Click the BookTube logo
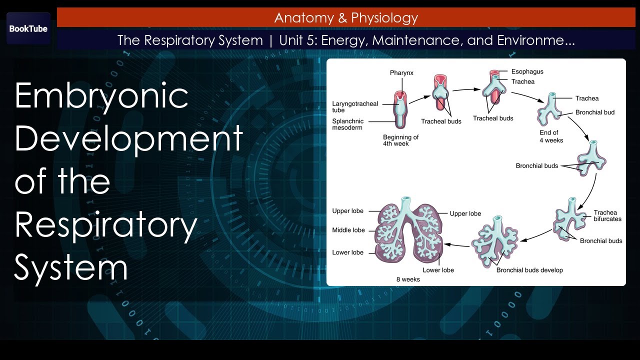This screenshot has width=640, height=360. click(28, 28)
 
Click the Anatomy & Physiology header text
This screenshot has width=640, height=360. click(346, 18)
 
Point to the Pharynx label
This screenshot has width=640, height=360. click(401, 73)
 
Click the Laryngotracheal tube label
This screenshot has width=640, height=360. click(355, 107)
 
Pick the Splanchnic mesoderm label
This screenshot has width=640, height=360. click(348, 124)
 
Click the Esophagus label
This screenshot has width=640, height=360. click(527, 71)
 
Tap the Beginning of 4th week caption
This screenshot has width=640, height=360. click(400, 140)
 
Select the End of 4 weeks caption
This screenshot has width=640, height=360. click(551, 136)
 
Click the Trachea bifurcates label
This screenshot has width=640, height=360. click(607, 215)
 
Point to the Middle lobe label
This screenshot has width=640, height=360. click(348, 230)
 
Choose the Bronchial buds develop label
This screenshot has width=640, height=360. click(529, 270)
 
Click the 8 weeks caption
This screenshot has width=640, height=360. click(408, 279)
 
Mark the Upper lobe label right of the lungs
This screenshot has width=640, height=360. click(465, 213)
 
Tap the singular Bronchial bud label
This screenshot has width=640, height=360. click(594, 112)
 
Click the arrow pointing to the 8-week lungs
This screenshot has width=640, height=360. click(457, 244)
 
